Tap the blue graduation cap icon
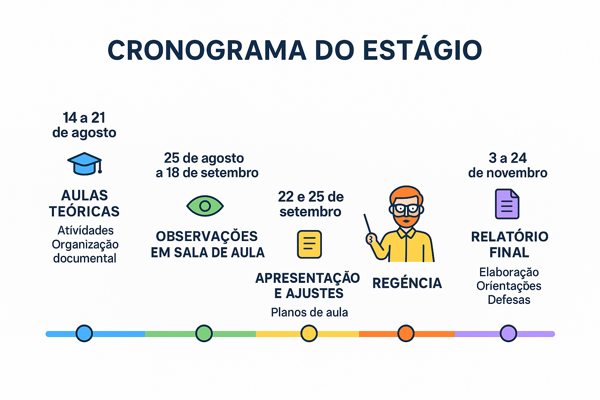(x=84, y=163)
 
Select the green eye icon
(x=205, y=206)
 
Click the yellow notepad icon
(x=309, y=245)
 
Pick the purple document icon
(x=507, y=204)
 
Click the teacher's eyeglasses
(x=406, y=209)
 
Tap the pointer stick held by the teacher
(x=368, y=226)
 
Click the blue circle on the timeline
(x=84, y=334)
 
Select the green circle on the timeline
(x=204, y=334)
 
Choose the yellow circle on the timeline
(x=309, y=334)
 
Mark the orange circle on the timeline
(x=406, y=334)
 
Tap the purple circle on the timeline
(x=508, y=334)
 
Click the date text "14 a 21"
(x=84, y=118)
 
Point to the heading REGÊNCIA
(x=407, y=283)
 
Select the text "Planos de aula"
(x=309, y=312)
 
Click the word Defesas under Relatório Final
(x=509, y=300)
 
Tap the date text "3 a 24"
(x=507, y=158)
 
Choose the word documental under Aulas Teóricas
(x=85, y=259)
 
